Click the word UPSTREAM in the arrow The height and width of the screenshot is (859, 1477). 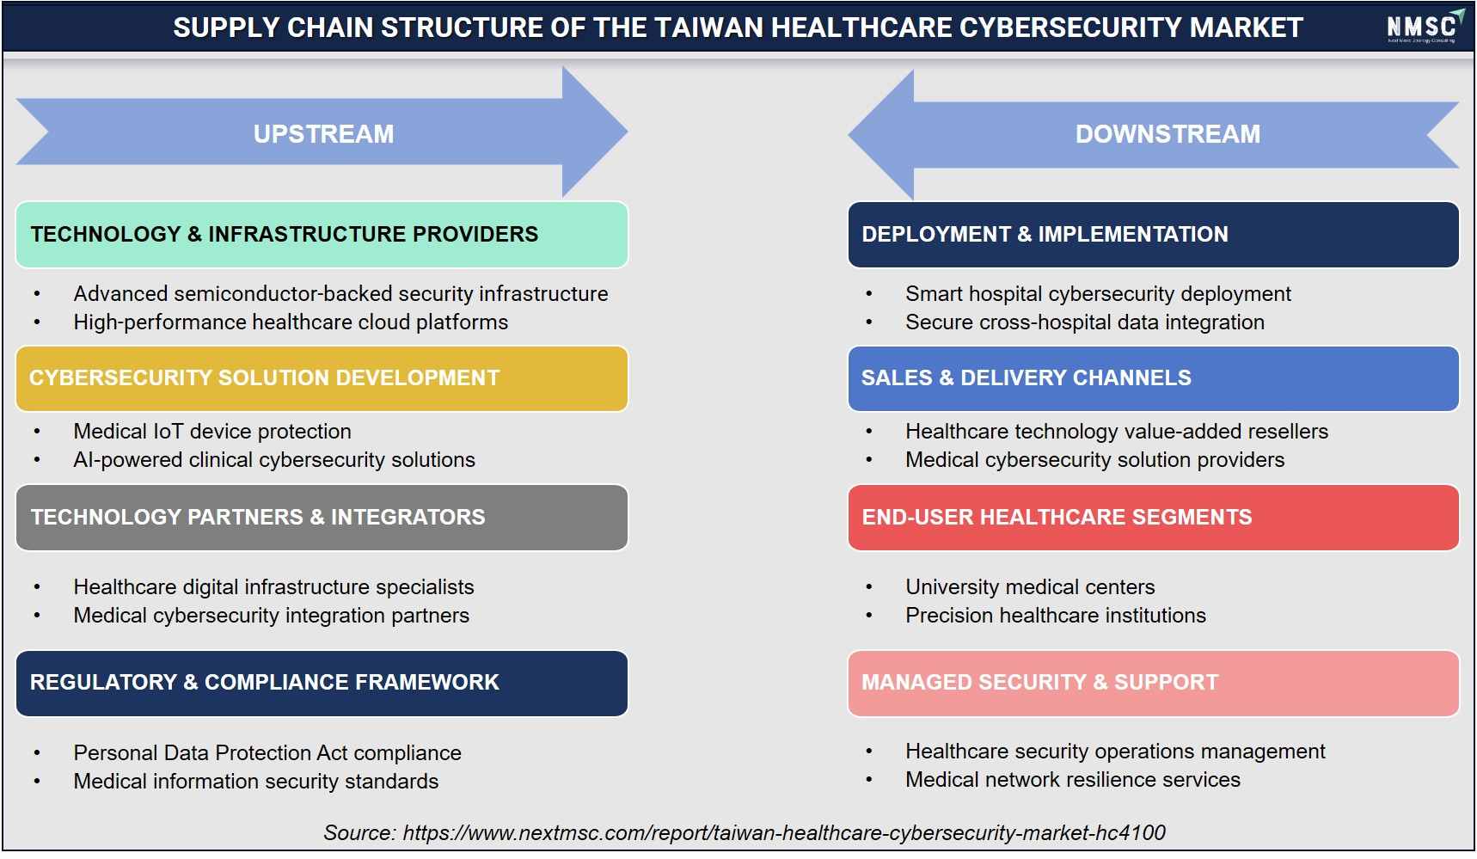(x=323, y=134)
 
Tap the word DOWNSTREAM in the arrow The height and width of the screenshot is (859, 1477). (x=1168, y=134)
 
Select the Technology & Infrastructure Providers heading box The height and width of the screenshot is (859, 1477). (x=322, y=234)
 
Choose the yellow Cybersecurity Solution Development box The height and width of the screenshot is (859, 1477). (x=322, y=378)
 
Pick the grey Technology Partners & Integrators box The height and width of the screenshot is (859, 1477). (x=322, y=518)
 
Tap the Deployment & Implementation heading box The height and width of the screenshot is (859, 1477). (x=1153, y=234)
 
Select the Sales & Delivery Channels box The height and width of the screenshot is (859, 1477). (x=1153, y=378)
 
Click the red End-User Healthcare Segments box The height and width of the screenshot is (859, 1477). (x=1153, y=518)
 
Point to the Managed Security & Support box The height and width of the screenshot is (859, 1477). (x=1153, y=683)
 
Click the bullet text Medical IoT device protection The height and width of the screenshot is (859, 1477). (x=212, y=431)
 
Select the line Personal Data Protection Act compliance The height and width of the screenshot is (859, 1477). (x=267, y=752)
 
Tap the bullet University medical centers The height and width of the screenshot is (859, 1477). (x=1030, y=586)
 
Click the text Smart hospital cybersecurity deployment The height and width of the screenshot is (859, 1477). (x=1098, y=294)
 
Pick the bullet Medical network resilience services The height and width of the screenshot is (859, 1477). (x=1073, y=779)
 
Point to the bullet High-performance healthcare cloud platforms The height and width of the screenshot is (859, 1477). (x=291, y=322)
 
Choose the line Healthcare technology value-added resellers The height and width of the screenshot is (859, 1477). (x=1117, y=431)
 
